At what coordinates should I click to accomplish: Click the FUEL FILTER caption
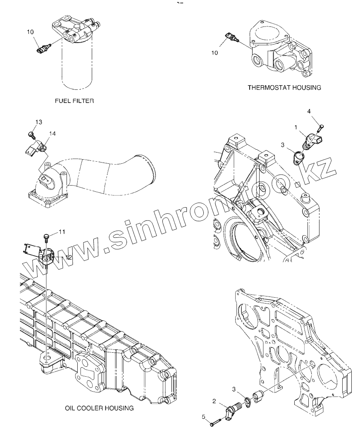pos(74,100)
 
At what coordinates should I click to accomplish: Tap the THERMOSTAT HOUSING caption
pos(284,88)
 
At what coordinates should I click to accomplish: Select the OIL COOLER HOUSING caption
pos(99,408)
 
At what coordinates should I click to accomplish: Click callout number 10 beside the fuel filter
pos(31,32)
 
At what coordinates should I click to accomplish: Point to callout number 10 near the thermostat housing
pos(214,53)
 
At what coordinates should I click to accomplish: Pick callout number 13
pos(38,122)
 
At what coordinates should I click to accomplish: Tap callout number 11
pos(61,232)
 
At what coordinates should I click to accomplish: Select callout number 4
pos(309,111)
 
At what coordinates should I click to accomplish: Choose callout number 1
pos(296,128)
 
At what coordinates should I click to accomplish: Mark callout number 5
pos(204,417)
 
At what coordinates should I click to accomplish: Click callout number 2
pos(214,401)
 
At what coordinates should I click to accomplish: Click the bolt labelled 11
pos(46,237)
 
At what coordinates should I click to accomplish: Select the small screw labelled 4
pos(321,128)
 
